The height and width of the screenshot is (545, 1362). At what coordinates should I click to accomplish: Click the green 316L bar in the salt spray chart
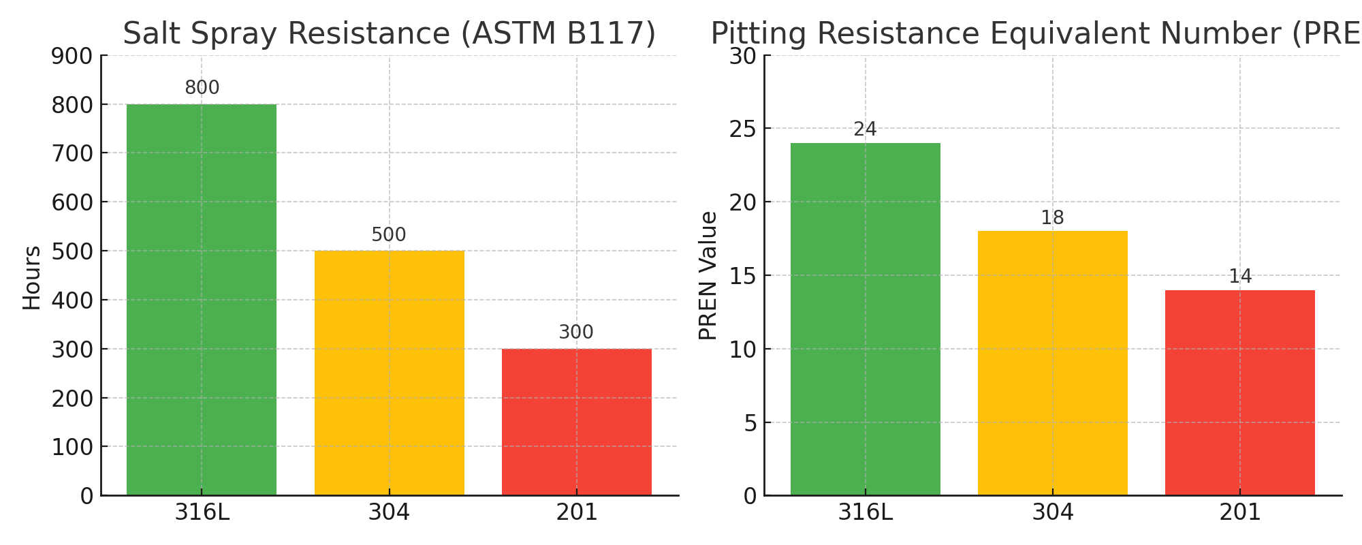[202, 300]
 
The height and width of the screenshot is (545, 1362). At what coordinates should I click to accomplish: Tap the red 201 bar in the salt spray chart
[576, 422]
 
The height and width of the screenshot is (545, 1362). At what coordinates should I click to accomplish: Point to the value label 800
[202, 88]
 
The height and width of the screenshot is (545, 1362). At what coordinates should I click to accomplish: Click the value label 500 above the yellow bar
[389, 235]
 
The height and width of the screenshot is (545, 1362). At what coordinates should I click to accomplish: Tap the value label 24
[865, 129]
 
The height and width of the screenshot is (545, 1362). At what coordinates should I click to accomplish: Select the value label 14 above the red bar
[1239, 277]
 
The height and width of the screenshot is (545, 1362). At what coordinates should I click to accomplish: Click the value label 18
[1052, 218]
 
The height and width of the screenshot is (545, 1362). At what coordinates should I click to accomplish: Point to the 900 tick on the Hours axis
[72, 56]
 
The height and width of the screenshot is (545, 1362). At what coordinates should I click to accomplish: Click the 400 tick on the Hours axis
[72, 300]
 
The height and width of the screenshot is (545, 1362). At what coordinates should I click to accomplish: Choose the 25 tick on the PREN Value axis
[742, 129]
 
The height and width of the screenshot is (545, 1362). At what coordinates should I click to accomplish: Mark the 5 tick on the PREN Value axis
[749, 423]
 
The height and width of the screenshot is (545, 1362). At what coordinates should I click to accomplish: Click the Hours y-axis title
[31, 277]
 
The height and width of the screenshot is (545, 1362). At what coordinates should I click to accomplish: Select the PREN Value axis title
[708, 275]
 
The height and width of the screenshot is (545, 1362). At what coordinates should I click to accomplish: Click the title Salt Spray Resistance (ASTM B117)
[389, 34]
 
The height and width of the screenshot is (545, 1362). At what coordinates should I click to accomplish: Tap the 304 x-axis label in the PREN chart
[1052, 512]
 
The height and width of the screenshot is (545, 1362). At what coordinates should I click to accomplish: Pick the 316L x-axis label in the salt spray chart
[202, 512]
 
